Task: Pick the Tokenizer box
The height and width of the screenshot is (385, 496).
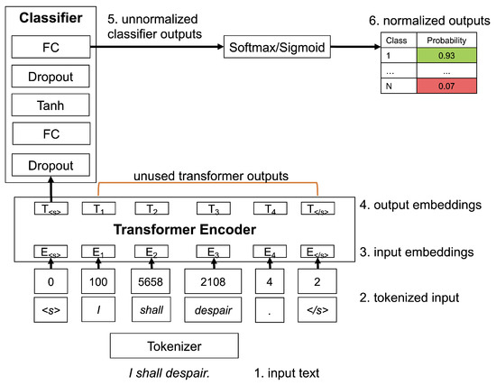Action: (175, 345)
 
